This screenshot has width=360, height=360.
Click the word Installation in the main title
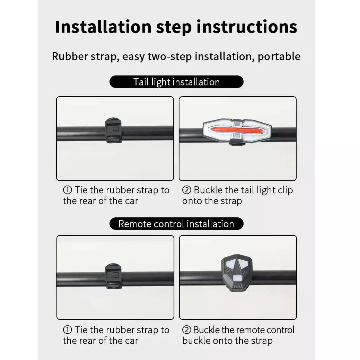103,27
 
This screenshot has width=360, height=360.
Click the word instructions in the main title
247,27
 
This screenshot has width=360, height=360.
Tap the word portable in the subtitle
279,56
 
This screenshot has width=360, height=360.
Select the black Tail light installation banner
176,82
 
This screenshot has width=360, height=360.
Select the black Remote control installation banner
176,224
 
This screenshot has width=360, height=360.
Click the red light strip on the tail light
237,131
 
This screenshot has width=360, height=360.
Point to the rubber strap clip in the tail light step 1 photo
113,130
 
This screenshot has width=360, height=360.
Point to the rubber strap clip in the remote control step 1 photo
113,276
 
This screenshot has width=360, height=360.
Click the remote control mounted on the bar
237,273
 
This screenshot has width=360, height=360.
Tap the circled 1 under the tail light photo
68,190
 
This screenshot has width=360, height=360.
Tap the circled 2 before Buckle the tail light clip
187,190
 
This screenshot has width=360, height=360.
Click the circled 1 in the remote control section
68,330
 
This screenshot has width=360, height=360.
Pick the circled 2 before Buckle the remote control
186,330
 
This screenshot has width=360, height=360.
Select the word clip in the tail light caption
286,190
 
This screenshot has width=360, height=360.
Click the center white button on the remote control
237,279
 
